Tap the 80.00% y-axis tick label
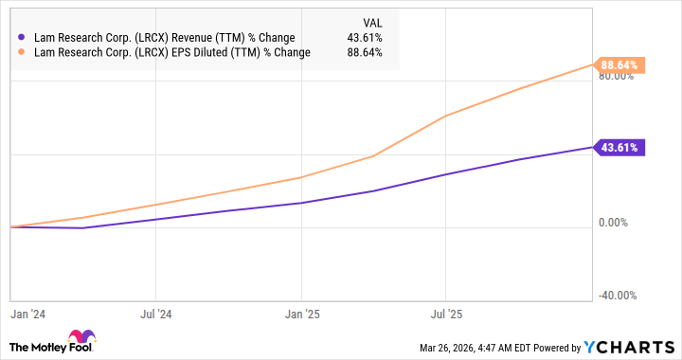pos(616,77)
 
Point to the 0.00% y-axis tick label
pos(619,223)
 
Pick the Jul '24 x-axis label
pos(155,311)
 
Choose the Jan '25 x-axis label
pos(300,311)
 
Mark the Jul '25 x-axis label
pos(446,311)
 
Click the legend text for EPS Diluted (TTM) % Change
pos(170,53)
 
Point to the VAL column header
pos(375,22)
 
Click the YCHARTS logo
pos(633,346)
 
